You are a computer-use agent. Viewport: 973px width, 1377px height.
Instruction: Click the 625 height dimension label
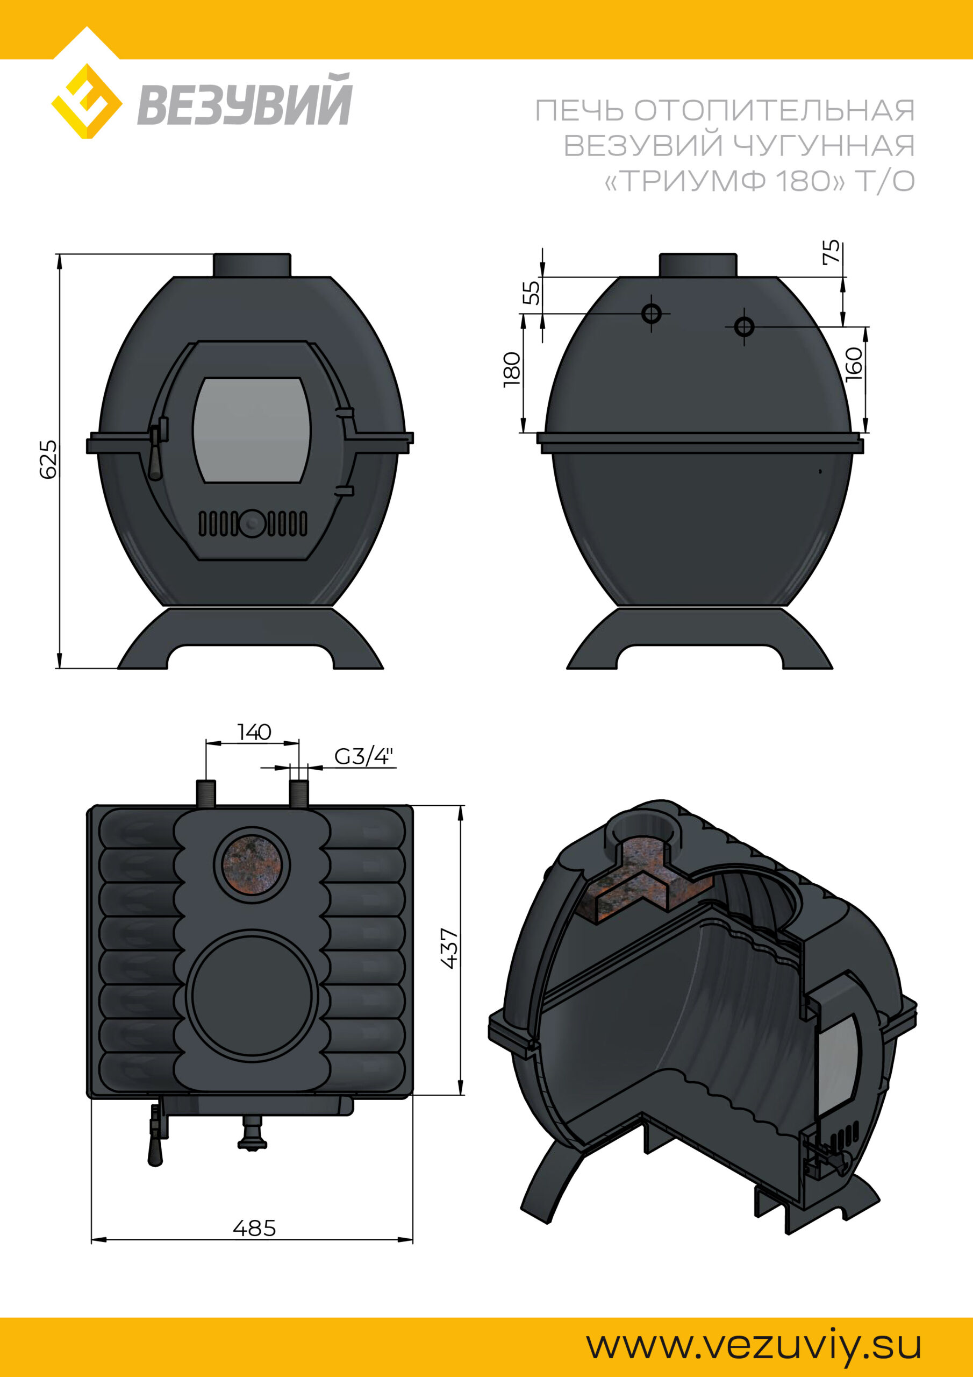point(48,459)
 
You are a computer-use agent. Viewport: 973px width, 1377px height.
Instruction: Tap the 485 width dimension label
point(254,1229)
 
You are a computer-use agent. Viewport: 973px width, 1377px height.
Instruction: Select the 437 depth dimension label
point(449,948)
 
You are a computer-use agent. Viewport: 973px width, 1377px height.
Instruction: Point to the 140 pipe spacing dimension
point(254,732)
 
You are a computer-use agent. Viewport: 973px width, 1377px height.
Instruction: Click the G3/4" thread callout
point(364,757)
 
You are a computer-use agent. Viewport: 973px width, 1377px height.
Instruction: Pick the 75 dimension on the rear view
point(832,252)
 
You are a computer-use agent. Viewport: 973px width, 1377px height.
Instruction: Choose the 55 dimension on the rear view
point(531,293)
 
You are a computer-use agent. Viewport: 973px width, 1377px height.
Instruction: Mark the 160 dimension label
point(854,364)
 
